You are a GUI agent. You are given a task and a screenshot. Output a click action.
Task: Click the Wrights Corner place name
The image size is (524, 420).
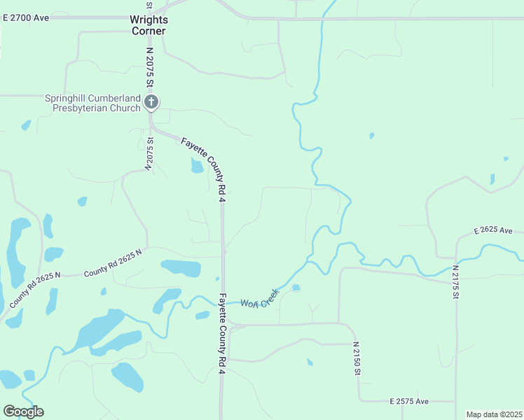149,26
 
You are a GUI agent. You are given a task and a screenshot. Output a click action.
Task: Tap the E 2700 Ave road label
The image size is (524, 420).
26,17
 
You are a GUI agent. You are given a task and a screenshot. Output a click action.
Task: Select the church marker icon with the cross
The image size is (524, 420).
151,103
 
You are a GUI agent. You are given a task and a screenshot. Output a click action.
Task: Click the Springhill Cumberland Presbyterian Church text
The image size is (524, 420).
92,103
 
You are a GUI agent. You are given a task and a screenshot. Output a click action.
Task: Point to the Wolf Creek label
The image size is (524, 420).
260,298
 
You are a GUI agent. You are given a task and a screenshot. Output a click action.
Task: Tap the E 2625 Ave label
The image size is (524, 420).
493,230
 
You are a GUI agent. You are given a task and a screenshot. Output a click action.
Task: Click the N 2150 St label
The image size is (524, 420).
357,358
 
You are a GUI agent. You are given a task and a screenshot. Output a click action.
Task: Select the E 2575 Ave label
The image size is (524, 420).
409,402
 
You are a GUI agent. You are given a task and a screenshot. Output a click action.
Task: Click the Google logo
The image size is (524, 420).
23,412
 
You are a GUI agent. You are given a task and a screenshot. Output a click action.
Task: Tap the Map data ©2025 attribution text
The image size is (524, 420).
494,414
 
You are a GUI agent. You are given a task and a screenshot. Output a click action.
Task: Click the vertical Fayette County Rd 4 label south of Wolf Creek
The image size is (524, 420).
221,332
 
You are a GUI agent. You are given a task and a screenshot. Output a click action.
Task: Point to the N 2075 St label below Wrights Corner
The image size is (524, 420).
149,68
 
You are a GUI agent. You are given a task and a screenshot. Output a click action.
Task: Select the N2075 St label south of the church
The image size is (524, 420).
149,154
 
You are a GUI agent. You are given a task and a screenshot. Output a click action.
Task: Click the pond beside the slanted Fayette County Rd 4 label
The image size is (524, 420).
197,165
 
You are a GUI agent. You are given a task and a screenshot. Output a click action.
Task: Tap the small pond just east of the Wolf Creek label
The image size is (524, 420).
296,288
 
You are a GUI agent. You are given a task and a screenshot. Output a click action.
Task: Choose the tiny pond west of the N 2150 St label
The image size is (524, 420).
310,362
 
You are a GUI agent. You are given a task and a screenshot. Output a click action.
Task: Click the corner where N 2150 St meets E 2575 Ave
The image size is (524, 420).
360,401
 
